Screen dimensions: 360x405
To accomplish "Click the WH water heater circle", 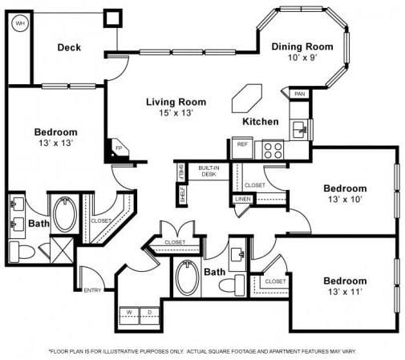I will click(19, 24).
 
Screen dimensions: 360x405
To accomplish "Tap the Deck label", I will click(69, 47).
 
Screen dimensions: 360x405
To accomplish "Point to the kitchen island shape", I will click(243, 99).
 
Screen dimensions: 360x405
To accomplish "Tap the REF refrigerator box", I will click(241, 144).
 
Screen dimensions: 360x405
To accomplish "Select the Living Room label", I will click(176, 103).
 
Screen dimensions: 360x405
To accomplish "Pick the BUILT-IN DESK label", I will click(209, 171).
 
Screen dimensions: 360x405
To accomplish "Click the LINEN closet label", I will click(242, 198).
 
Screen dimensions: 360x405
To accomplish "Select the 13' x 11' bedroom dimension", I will click(345, 293).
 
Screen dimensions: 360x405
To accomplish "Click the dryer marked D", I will click(149, 311).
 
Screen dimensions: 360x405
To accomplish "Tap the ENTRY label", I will click(93, 289).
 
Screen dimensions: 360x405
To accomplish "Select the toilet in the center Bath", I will click(238, 284).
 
